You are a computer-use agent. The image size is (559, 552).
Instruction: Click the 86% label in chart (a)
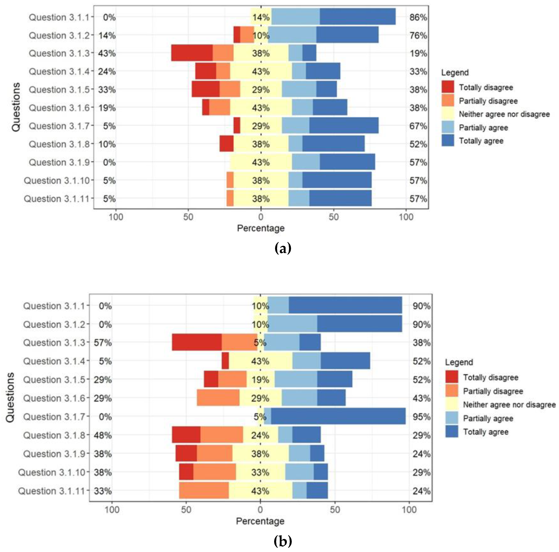(x=418, y=17)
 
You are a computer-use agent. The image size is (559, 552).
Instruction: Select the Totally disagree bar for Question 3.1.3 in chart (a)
(x=192, y=53)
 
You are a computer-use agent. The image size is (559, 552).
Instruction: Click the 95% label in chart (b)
(x=421, y=417)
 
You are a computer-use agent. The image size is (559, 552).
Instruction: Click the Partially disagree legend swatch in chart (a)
(x=448, y=101)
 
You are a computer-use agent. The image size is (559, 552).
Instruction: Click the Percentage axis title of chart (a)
(x=261, y=228)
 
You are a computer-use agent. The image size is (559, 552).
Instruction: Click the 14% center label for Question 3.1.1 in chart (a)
(x=261, y=17)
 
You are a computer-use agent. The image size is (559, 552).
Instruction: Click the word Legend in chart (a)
(x=455, y=72)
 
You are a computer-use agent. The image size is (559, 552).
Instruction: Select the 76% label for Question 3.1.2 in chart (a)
(x=418, y=36)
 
